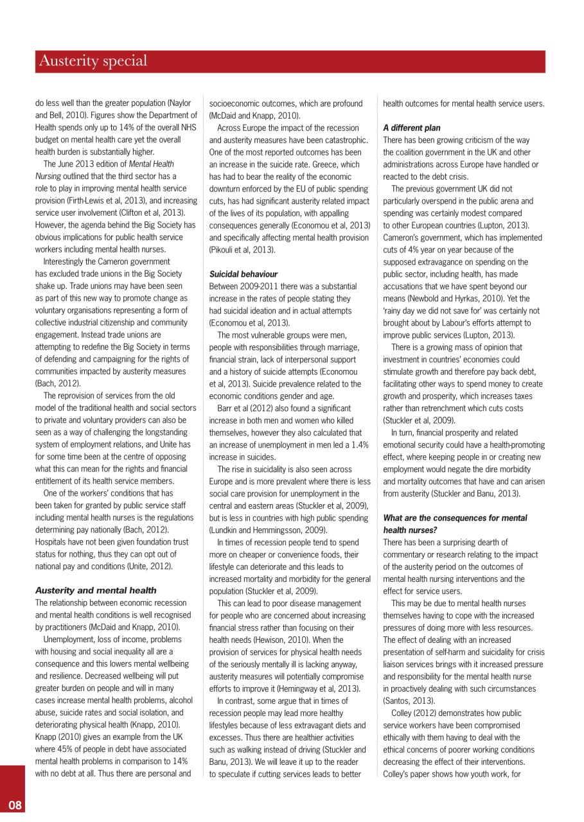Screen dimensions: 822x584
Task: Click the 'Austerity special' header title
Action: point(93,62)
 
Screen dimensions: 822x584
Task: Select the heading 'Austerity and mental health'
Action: point(95,590)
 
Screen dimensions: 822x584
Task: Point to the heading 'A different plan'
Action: point(412,128)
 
